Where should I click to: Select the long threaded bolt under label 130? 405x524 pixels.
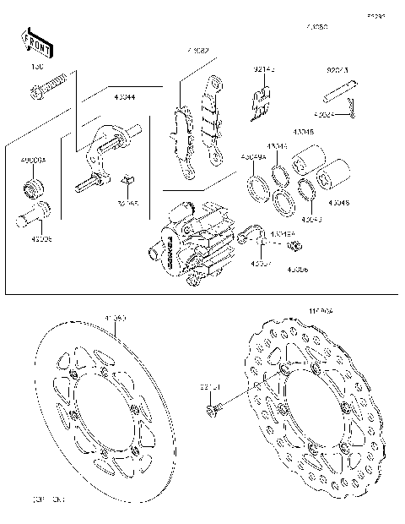[50, 85]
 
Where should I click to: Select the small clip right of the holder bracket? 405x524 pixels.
[127, 181]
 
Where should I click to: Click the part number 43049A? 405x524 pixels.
[252, 157]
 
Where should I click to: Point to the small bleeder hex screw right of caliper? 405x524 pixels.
[295, 246]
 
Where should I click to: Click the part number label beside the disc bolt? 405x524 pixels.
[209, 388]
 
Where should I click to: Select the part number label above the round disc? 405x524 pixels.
[115, 319]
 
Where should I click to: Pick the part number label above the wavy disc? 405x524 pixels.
[322, 312]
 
